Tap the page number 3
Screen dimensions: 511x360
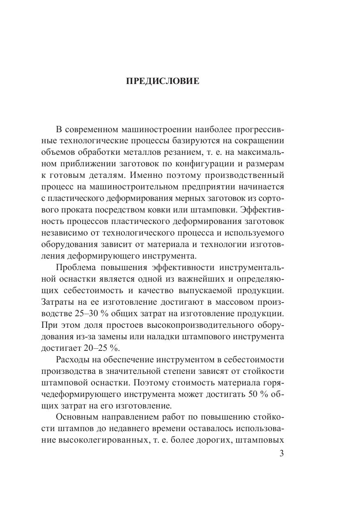281,453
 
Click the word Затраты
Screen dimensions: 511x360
59,301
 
